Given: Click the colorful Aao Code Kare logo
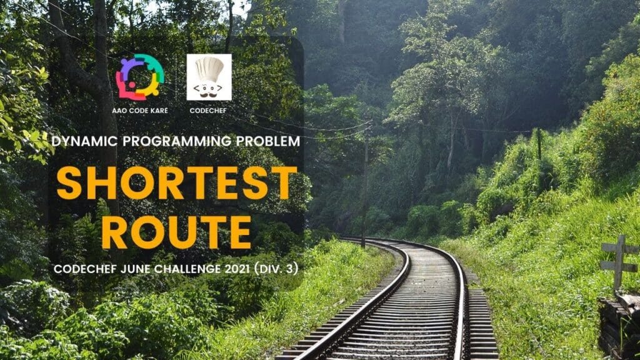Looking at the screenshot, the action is click(140, 77).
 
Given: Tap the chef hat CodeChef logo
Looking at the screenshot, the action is click(209, 77).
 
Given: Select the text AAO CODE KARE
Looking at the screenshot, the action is click(140, 111).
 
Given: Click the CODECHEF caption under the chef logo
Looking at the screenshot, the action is click(208, 111).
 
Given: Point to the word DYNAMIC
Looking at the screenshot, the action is click(84, 141).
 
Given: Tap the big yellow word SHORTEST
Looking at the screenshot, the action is click(177, 183).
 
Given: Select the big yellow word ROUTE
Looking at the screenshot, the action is click(176, 232).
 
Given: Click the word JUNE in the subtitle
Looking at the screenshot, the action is click(136, 269).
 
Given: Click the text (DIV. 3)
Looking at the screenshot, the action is click(276, 269).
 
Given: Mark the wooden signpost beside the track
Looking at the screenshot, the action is click(619, 262).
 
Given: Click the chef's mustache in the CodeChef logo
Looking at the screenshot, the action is click(208, 94).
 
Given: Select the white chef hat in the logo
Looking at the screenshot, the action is click(209, 69).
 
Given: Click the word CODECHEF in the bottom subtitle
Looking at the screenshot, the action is click(85, 269).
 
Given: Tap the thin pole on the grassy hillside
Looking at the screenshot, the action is click(539, 144).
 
